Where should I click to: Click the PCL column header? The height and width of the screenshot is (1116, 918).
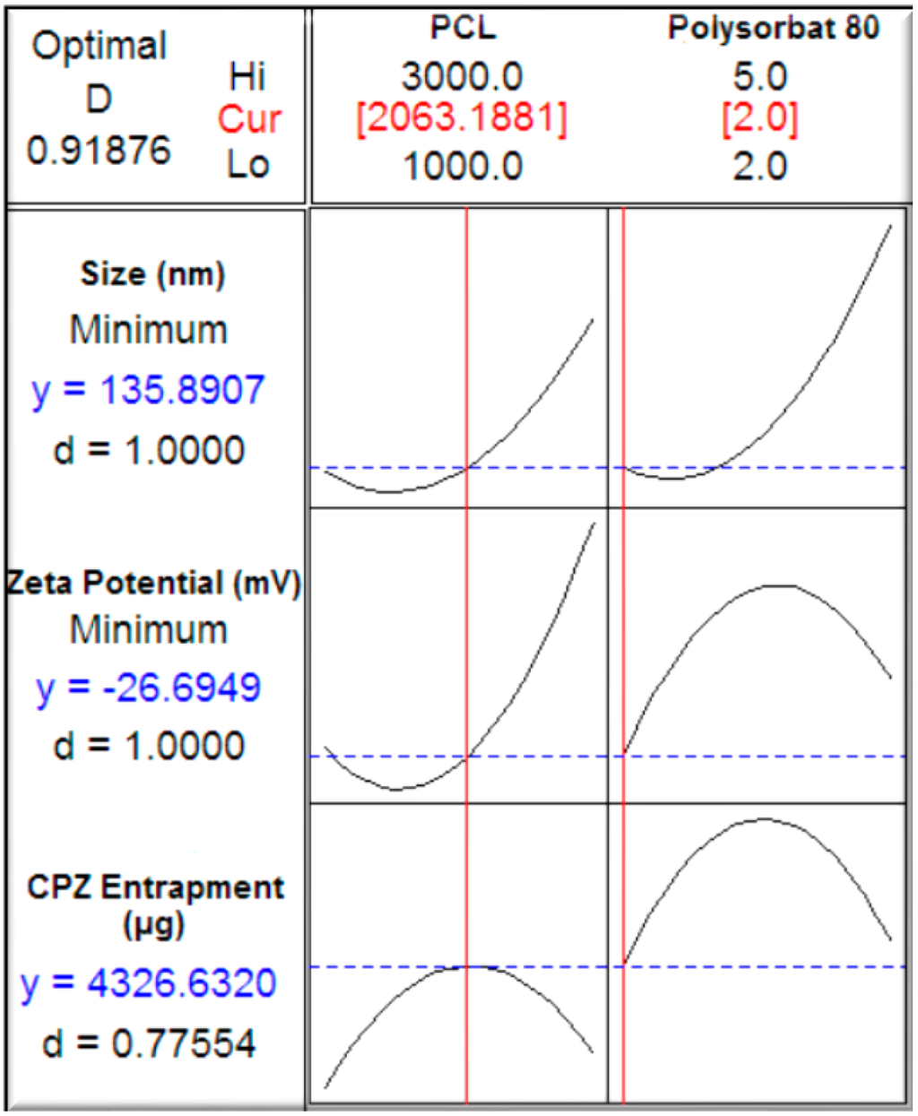point(462,28)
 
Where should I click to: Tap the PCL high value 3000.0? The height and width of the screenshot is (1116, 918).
point(462,76)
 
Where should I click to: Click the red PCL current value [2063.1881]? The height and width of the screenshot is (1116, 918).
point(462,120)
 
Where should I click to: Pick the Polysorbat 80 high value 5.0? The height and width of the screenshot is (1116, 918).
point(760,76)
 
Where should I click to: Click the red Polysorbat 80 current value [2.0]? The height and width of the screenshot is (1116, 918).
point(760,120)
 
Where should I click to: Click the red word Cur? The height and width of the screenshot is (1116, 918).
point(248,120)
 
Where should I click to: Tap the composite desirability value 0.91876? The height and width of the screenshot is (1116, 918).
point(99,150)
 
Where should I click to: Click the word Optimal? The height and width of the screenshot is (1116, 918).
point(99,46)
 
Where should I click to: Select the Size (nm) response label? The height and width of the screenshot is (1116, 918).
point(152,273)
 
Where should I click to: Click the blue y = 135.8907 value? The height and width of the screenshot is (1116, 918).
point(149,390)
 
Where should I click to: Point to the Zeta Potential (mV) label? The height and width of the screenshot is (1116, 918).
point(152,583)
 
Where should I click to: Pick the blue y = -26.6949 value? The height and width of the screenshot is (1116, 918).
point(149,688)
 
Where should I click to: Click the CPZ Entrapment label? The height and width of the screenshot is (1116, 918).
point(155,887)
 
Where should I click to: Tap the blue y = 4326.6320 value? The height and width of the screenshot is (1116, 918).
point(149,983)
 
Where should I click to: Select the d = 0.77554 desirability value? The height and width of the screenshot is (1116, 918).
point(149,1043)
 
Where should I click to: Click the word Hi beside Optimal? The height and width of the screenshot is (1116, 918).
point(248,76)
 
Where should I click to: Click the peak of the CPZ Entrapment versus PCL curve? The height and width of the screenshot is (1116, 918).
point(467,966)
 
